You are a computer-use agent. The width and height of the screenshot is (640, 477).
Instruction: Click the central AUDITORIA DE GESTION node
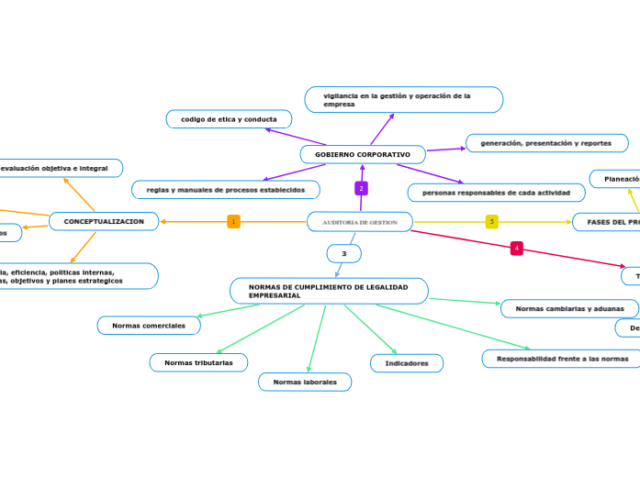pos(359,222)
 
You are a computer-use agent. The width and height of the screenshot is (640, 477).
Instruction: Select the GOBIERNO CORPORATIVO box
pos(363,154)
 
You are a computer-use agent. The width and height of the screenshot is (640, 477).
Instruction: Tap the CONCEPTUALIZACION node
pos(104,221)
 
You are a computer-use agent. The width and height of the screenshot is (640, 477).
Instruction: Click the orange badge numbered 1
pos(233,222)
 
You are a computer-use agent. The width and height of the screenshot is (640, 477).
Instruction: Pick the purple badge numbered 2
pos(362,188)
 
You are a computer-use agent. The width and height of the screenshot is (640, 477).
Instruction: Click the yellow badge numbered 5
pos(492,222)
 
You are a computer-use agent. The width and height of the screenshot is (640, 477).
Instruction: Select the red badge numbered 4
pos(517,249)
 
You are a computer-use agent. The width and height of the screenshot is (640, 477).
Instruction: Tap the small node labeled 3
pos(344,253)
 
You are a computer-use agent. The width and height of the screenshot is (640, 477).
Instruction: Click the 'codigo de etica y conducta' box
pos(229,119)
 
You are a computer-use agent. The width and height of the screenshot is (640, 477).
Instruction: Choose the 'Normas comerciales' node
pos(148,326)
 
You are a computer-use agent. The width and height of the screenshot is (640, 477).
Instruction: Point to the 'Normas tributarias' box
pos(198,362)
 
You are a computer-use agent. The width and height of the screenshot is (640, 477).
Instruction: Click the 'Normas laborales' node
pos(305,382)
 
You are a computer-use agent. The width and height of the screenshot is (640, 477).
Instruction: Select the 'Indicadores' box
pos(407,363)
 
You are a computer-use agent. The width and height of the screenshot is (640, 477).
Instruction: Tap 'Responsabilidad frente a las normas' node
pos(562,359)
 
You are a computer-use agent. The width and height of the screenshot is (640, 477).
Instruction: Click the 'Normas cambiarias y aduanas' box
pos(569,308)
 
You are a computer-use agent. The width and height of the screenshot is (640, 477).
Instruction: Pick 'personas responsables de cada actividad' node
pos(496,193)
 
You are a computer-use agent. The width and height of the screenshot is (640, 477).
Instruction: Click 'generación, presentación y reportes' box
pos(546,143)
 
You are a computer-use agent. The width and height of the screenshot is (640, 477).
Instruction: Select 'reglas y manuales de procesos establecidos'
pos(226,189)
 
